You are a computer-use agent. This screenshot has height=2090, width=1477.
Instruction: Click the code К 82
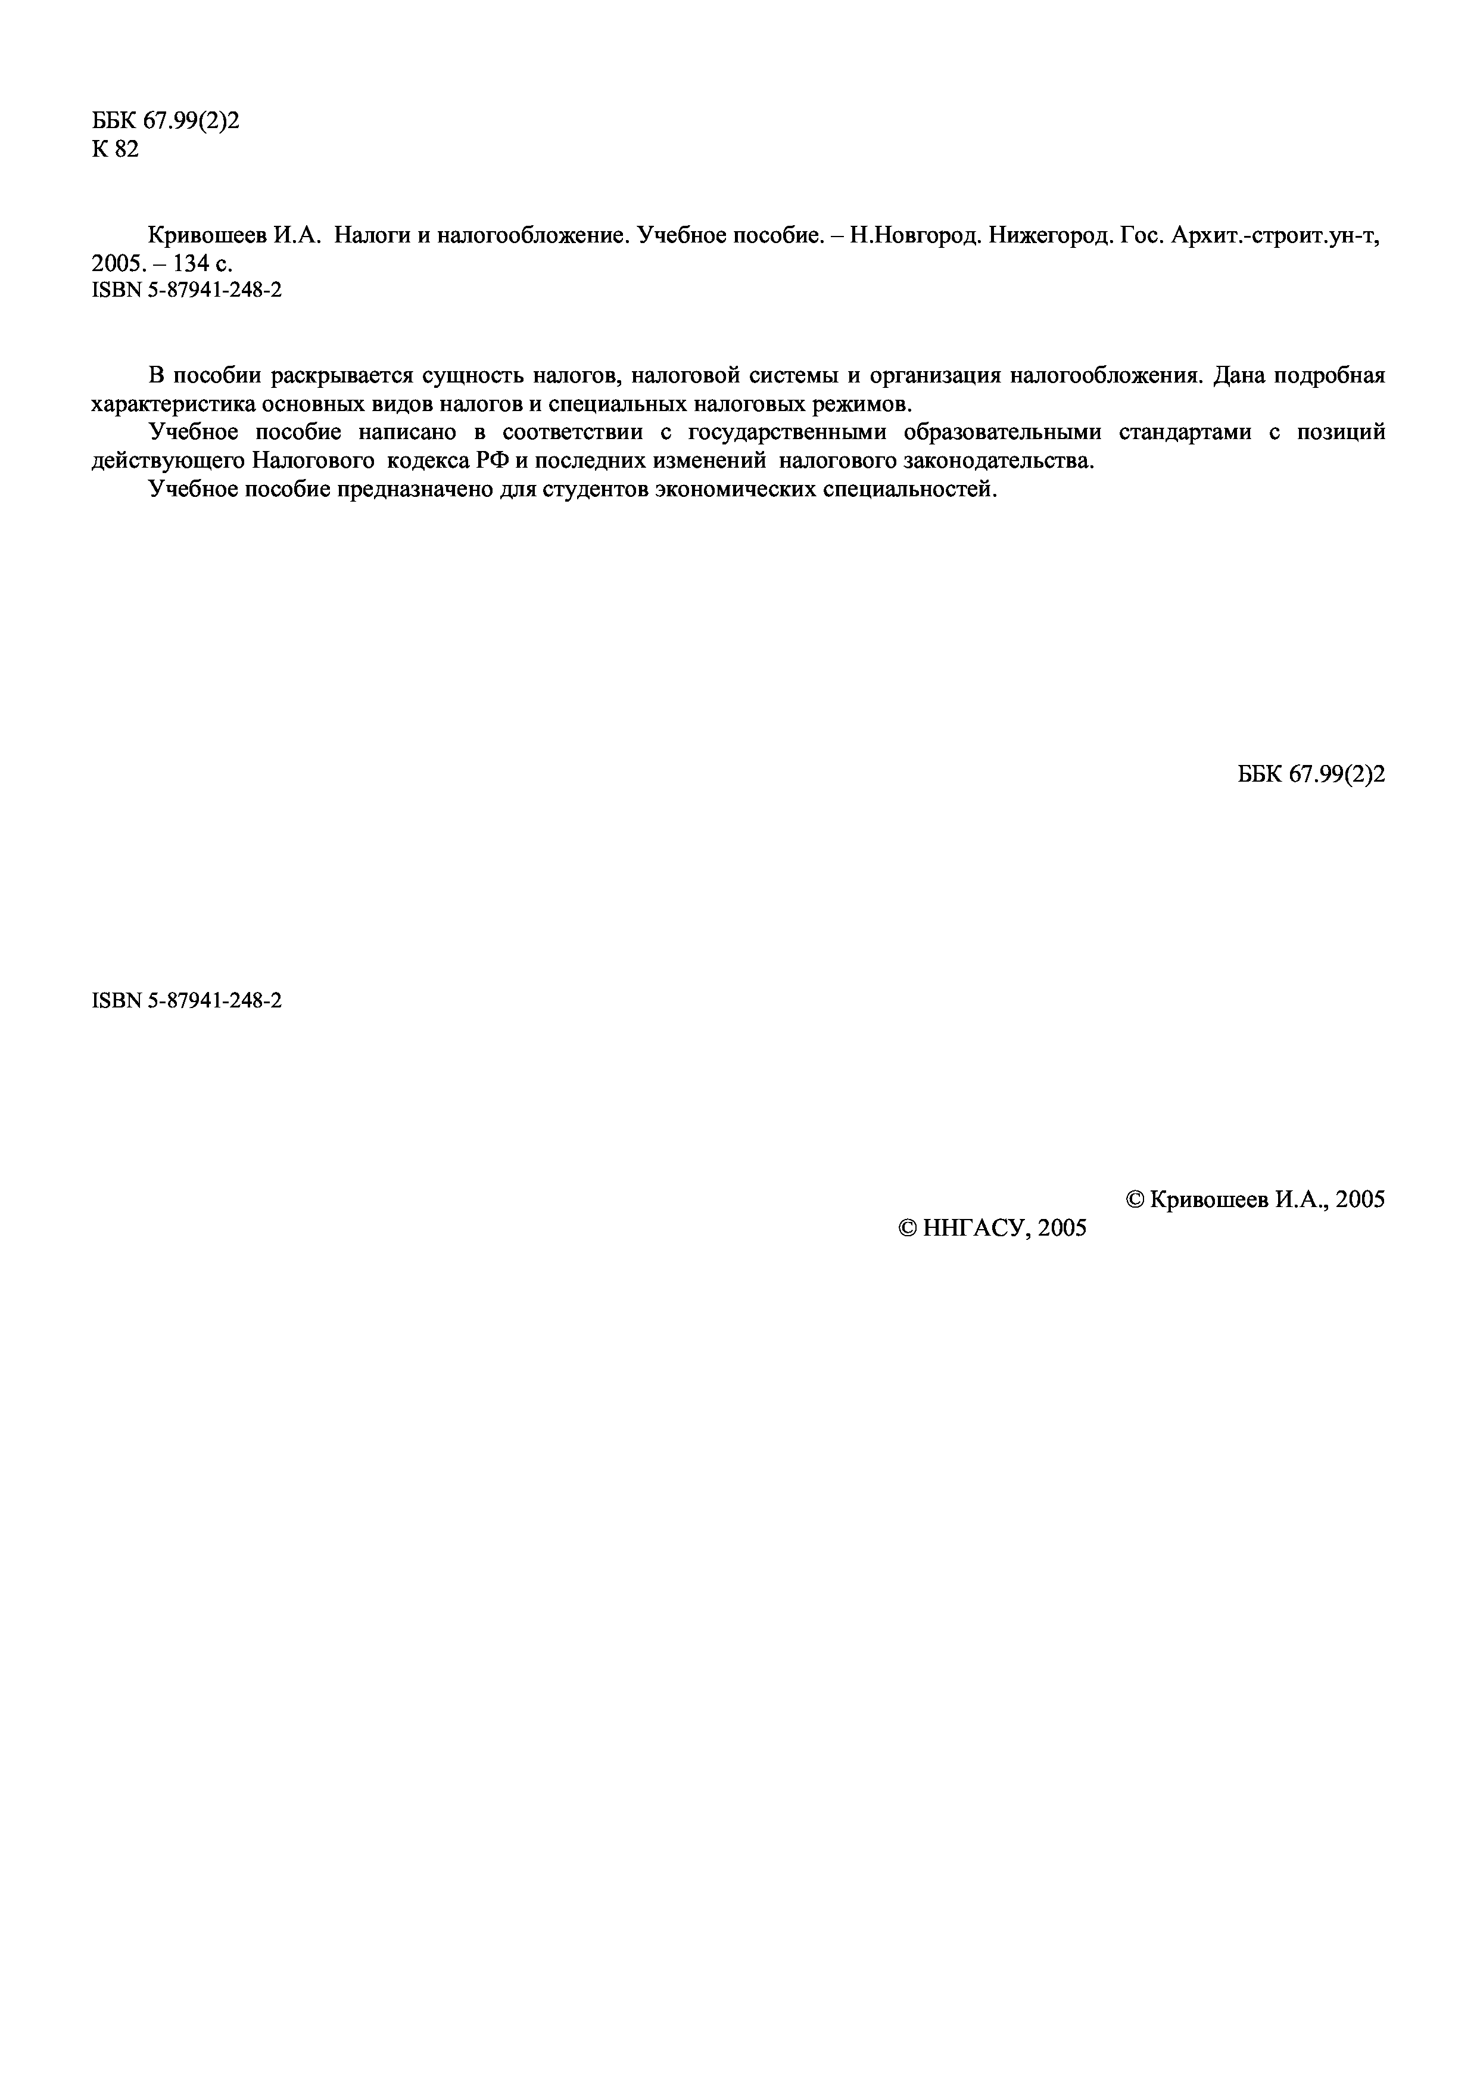coord(116,150)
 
